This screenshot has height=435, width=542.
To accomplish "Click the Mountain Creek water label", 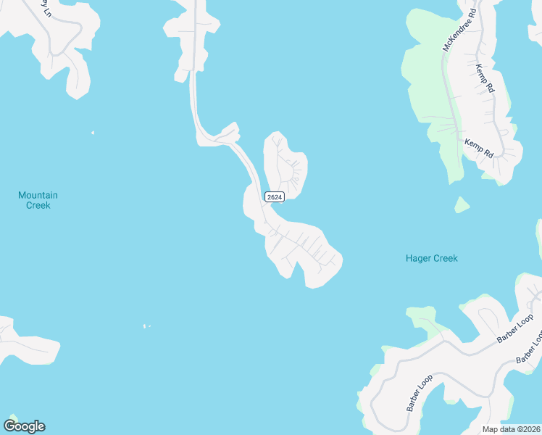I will click(x=38, y=200).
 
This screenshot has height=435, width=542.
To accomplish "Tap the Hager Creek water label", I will click(x=431, y=258).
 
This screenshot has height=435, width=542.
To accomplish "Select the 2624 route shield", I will click(x=274, y=196).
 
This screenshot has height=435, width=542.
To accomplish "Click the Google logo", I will click(x=24, y=426).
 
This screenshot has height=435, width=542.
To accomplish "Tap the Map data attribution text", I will click(x=511, y=429).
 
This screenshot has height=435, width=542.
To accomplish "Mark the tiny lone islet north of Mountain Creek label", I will click(x=93, y=133).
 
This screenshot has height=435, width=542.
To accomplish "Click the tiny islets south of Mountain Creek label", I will click(x=146, y=326).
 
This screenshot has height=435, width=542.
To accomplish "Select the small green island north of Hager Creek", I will click(x=462, y=205).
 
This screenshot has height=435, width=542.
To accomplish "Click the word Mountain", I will click(x=38, y=195).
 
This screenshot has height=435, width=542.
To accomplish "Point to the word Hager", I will click(x=417, y=258).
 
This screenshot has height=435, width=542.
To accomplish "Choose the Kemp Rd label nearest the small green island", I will click(x=479, y=149).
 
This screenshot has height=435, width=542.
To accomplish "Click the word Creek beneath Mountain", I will click(x=38, y=205).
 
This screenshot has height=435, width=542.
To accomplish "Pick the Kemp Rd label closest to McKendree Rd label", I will click(x=485, y=78).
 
